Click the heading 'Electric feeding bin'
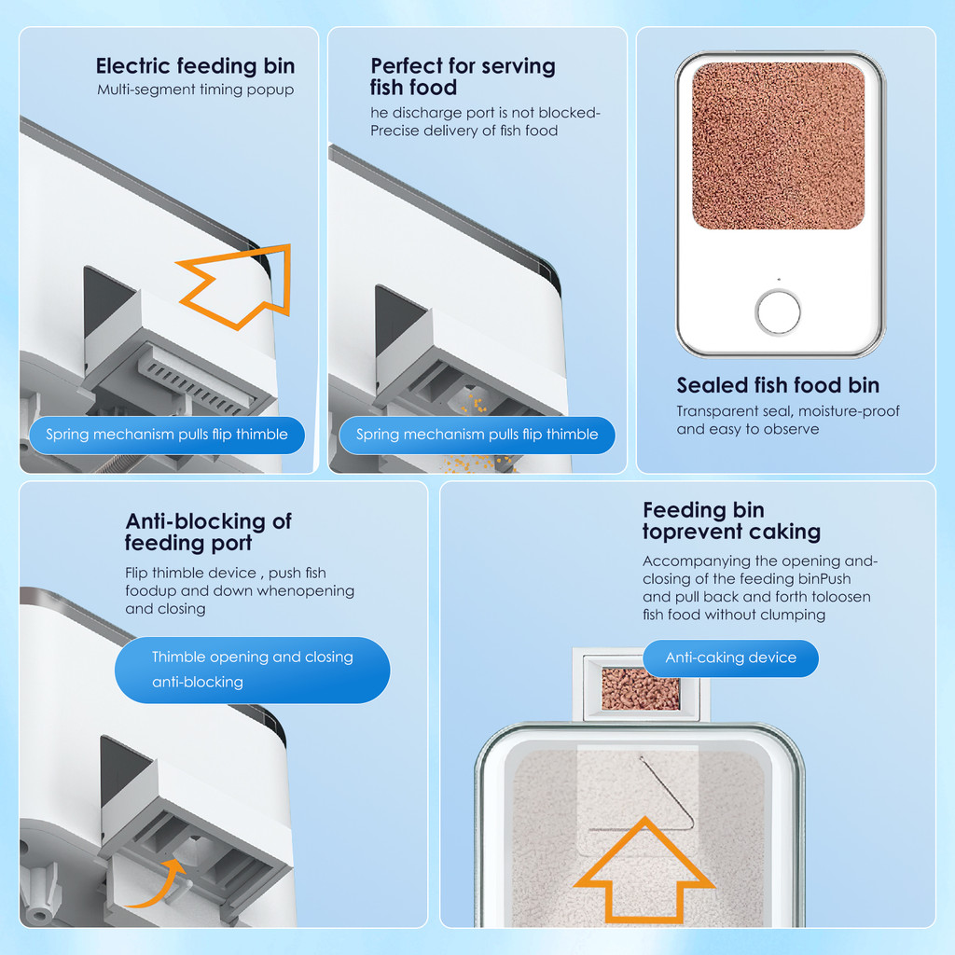pyautogui.click(x=195, y=66)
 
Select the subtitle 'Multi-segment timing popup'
pyautogui.click(x=196, y=90)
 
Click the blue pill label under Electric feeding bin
pyautogui.click(x=167, y=435)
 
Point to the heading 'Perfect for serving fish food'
pyautogui.click(x=463, y=76)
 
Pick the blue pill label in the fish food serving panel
pyautogui.click(x=477, y=435)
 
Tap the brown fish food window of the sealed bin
pyautogui.click(x=779, y=145)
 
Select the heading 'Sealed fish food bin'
pyautogui.click(x=778, y=385)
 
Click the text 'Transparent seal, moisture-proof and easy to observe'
pyautogui.click(x=787, y=420)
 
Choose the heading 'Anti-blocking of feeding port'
pyautogui.click(x=208, y=532)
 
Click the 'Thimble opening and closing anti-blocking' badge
pyautogui.click(x=252, y=670)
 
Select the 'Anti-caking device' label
pyautogui.click(x=731, y=657)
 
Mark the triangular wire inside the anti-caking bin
pyautogui.click(x=665, y=792)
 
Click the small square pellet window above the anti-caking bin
pyautogui.click(x=641, y=688)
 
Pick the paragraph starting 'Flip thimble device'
pyautogui.click(x=240, y=590)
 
